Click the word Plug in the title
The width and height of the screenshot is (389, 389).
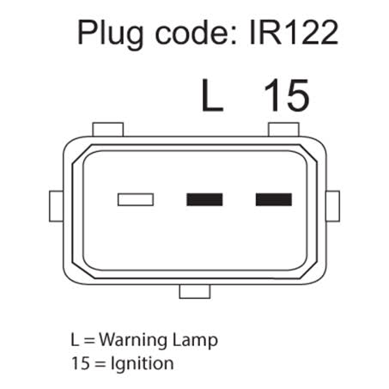point(111,34)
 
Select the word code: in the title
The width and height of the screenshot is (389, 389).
point(196,32)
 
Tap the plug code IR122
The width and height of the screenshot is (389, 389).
point(294,33)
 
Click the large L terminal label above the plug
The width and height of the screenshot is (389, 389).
point(212,95)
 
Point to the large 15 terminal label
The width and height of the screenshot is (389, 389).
point(287,95)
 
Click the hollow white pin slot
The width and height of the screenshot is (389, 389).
point(136,199)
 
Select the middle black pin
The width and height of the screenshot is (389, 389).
point(204,199)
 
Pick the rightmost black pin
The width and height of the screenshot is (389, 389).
point(274,199)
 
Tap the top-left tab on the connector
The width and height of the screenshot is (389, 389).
point(108,130)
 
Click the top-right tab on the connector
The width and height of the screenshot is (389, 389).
point(283,130)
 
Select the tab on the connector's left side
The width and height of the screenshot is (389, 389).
point(56,206)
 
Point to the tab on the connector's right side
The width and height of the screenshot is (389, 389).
point(333,206)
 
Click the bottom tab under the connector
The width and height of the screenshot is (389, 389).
point(195,291)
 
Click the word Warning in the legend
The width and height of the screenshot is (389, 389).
point(133,340)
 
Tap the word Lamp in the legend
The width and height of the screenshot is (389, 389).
point(195,341)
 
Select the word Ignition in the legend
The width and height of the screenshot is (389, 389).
point(142,364)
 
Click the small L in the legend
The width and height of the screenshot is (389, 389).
point(75,340)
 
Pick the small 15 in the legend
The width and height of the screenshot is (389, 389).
point(81,363)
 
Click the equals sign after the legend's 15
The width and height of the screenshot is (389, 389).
point(100,363)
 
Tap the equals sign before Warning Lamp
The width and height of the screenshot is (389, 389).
point(89,340)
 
